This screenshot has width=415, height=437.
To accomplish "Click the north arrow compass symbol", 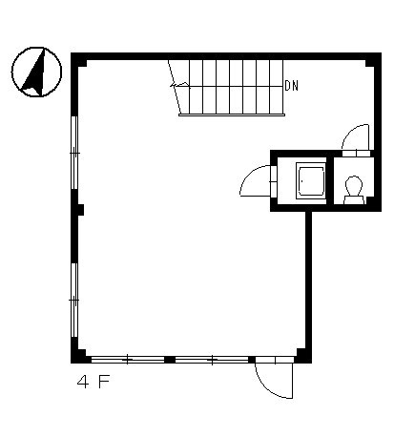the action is [x=36, y=72].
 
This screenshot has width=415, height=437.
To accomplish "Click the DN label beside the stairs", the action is [x=291, y=86].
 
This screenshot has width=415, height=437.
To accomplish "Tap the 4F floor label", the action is [x=93, y=382].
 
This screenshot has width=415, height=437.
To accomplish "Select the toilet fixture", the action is [x=354, y=190].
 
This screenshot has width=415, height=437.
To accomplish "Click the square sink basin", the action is [x=311, y=180].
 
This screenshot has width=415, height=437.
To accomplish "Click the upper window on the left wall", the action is [x=74, y=153].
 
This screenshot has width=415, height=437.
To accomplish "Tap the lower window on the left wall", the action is [x=74, y=300].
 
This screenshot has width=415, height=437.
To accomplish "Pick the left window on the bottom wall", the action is [x=128, y=360].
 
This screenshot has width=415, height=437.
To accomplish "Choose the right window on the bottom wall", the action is [x=212, y=360].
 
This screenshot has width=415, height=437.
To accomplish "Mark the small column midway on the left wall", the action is [x=80, y=210].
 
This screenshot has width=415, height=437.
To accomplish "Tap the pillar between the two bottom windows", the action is [x=170, y=360].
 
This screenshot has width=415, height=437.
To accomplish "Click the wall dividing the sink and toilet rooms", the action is [x=330, y=180].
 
